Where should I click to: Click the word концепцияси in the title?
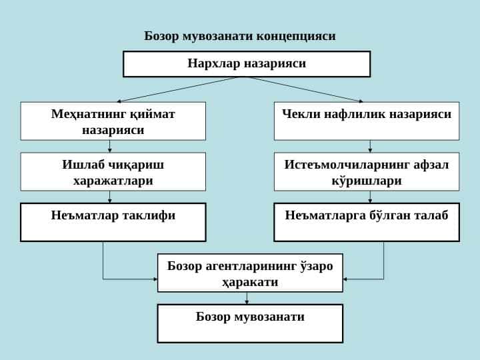296,37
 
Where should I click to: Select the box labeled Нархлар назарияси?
247,64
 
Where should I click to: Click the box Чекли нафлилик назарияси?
367,121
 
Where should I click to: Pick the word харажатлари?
113,181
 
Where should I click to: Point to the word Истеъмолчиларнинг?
347,165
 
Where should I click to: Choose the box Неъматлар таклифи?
113,222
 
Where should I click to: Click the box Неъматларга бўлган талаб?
367,222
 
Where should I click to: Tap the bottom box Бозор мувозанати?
250,323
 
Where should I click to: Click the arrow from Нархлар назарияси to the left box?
177,89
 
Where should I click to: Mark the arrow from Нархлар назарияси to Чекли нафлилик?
307,89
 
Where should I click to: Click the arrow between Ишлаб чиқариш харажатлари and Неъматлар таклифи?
109,197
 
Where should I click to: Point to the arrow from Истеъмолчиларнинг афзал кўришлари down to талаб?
370,197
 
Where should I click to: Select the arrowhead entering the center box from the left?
155,279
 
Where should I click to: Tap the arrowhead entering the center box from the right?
345,279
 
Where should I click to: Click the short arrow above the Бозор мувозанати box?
247,298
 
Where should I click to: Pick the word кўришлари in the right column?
367,181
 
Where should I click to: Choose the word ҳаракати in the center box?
250,282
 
